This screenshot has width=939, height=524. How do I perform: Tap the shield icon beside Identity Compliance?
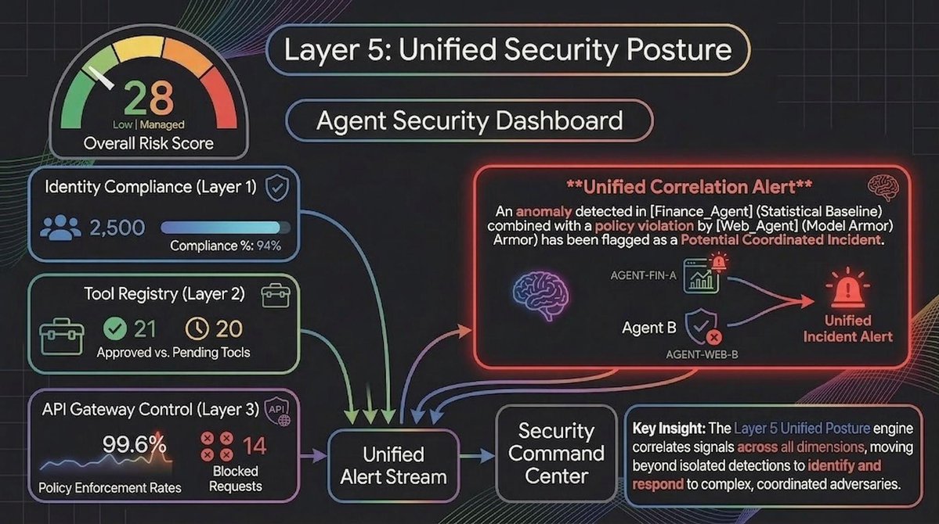coord(275,187)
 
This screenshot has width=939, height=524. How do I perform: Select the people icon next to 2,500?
coord(59,228)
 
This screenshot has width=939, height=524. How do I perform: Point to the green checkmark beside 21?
coord(115,329)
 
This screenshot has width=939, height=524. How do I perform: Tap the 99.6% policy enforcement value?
coord(134,446)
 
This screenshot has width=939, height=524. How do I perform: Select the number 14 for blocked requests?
coord(254,446)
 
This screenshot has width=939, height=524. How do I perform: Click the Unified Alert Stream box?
coord(393,465)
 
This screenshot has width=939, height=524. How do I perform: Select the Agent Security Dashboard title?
coord(470,121)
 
